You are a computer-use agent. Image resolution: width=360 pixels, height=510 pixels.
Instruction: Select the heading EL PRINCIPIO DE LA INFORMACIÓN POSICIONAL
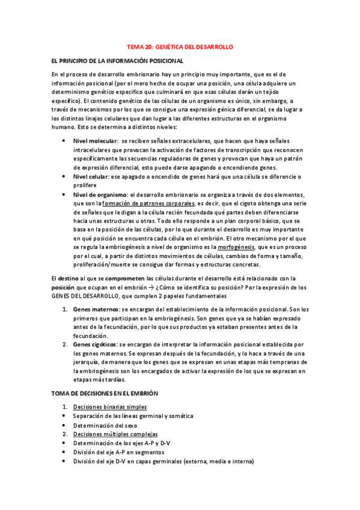pos(118,61)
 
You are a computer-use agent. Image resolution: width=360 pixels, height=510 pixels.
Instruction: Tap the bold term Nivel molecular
pos(96,140)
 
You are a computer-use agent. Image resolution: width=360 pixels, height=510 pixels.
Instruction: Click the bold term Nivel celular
pos(91,176)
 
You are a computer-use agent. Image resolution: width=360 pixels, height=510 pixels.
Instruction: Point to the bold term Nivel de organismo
pos(100,195)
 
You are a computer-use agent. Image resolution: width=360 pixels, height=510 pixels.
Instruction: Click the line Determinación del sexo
pos(105,425)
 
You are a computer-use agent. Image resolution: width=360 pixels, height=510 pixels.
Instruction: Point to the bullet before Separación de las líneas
pos(64,416)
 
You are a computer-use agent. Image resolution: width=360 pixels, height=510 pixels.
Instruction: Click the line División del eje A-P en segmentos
pos(118,452)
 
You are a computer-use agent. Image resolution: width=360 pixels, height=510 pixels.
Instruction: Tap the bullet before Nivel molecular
pos(64,140)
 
